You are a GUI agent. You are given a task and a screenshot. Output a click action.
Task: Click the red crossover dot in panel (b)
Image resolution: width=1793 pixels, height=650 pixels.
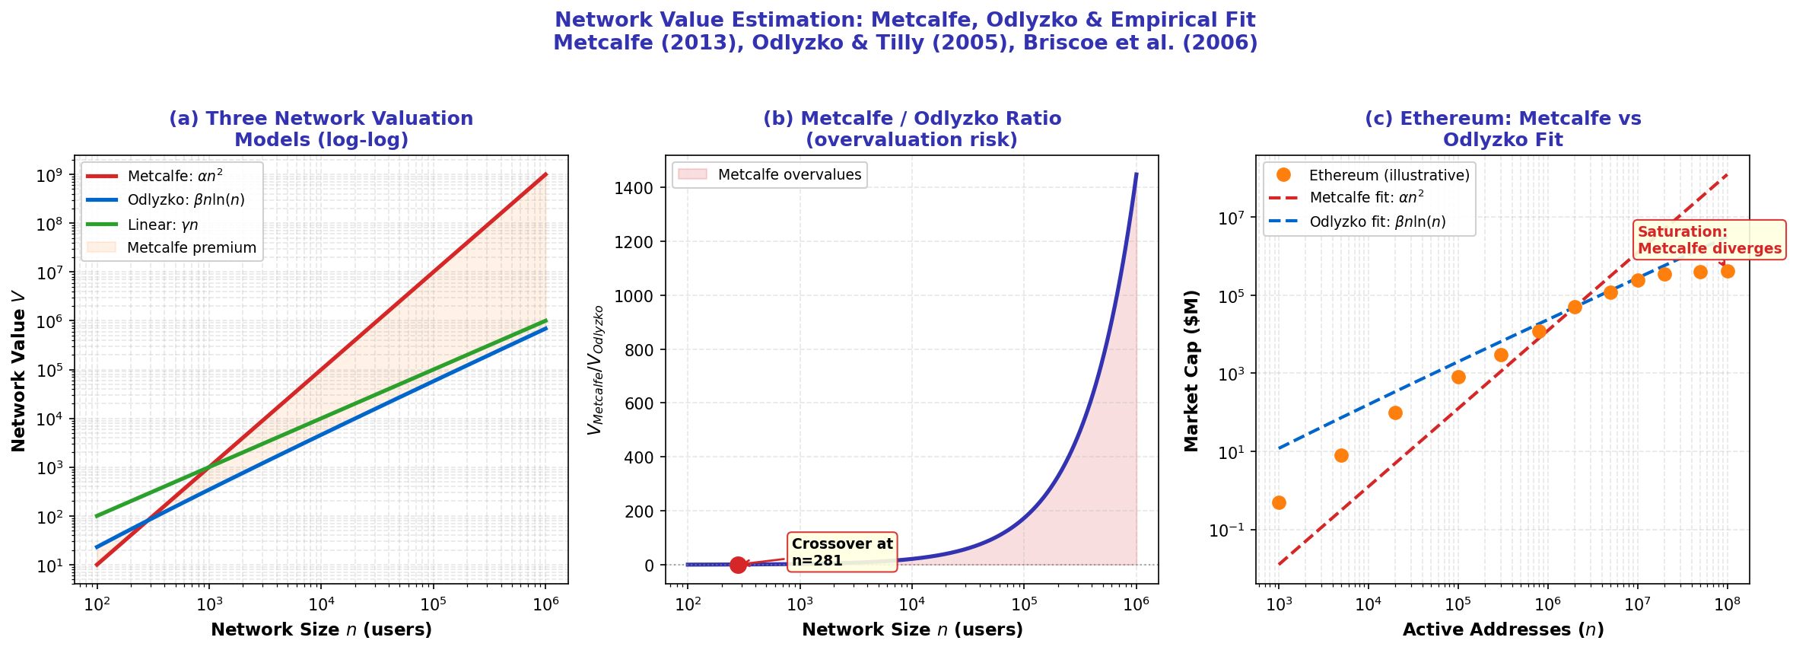coord(737,565)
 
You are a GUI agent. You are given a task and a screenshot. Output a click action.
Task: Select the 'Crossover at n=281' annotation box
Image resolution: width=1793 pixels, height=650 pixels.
coord(841,553)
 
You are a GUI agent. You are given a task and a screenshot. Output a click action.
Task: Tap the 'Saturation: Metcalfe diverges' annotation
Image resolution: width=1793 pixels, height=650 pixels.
coord(1709,241)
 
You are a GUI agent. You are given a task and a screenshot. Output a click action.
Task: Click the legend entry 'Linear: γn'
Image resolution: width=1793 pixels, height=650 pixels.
coord(162,225)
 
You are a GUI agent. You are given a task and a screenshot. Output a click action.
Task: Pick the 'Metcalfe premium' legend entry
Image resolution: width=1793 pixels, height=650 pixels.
coord(191,248)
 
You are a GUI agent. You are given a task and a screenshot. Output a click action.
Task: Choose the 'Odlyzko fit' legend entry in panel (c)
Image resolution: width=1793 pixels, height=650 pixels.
coord(1377,222)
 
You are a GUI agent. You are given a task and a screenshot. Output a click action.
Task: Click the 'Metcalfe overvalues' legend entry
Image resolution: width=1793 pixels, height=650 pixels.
coord(789,175)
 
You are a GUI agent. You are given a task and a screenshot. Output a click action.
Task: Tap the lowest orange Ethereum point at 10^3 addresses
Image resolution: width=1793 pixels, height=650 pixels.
coord(1279,502)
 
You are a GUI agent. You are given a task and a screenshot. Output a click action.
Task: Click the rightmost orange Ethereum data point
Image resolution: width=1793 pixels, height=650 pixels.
coord(1728,271)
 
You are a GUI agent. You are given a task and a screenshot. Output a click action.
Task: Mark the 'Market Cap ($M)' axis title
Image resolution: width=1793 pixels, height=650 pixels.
coord(1191,371)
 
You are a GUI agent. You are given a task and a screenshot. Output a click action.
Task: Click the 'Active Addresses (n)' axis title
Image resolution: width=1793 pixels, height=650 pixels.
coord(1502,630)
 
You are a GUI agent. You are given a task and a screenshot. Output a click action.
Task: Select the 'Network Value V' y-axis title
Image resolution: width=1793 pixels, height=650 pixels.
coord(19,371)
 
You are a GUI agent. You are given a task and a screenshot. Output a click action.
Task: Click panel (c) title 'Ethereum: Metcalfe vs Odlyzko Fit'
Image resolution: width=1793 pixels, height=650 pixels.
coord(1502,129)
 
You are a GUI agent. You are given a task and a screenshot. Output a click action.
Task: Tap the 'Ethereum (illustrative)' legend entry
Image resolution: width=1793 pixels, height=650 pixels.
coord(1388,175)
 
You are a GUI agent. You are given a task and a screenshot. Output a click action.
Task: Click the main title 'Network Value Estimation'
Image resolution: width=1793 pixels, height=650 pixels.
coord(904,21)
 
